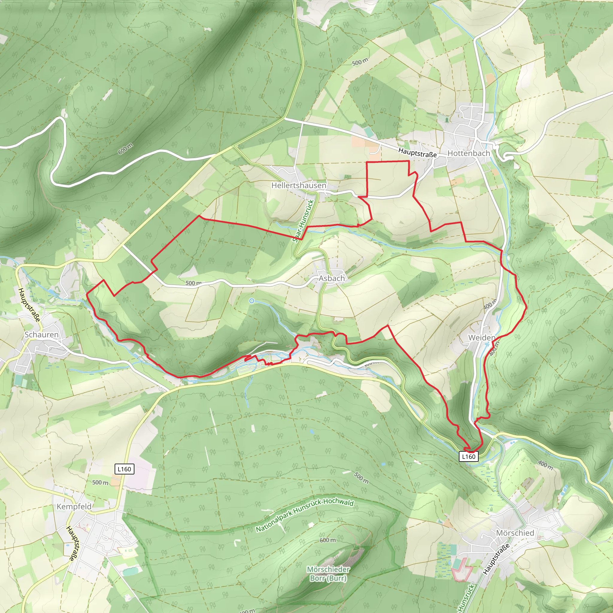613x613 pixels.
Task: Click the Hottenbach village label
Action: [x=469, y=153]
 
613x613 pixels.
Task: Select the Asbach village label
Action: [x=332, y=278]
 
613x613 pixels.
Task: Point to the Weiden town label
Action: [x=482, y=338]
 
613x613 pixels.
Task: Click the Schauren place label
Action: [x=42, y=334]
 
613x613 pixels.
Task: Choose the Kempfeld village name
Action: [x=74, y=506]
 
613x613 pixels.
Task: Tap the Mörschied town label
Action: [x=515, y=533]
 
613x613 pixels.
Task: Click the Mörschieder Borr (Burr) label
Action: [x=328, y=574]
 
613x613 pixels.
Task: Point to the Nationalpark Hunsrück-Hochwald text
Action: [x=305, y=516]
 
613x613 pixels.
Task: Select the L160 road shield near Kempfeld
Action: [x=124, y=469]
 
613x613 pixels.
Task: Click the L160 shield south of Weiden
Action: [x=469, y=456]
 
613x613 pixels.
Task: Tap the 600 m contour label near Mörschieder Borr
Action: [x=328, y=540]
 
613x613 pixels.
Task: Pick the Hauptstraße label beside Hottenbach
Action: [x=417, y=153]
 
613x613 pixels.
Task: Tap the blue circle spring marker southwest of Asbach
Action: [x=252, y=301]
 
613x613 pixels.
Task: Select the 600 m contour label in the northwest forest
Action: [x=125, y=149]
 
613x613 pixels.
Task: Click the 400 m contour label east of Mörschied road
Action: [x=545, y=465]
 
